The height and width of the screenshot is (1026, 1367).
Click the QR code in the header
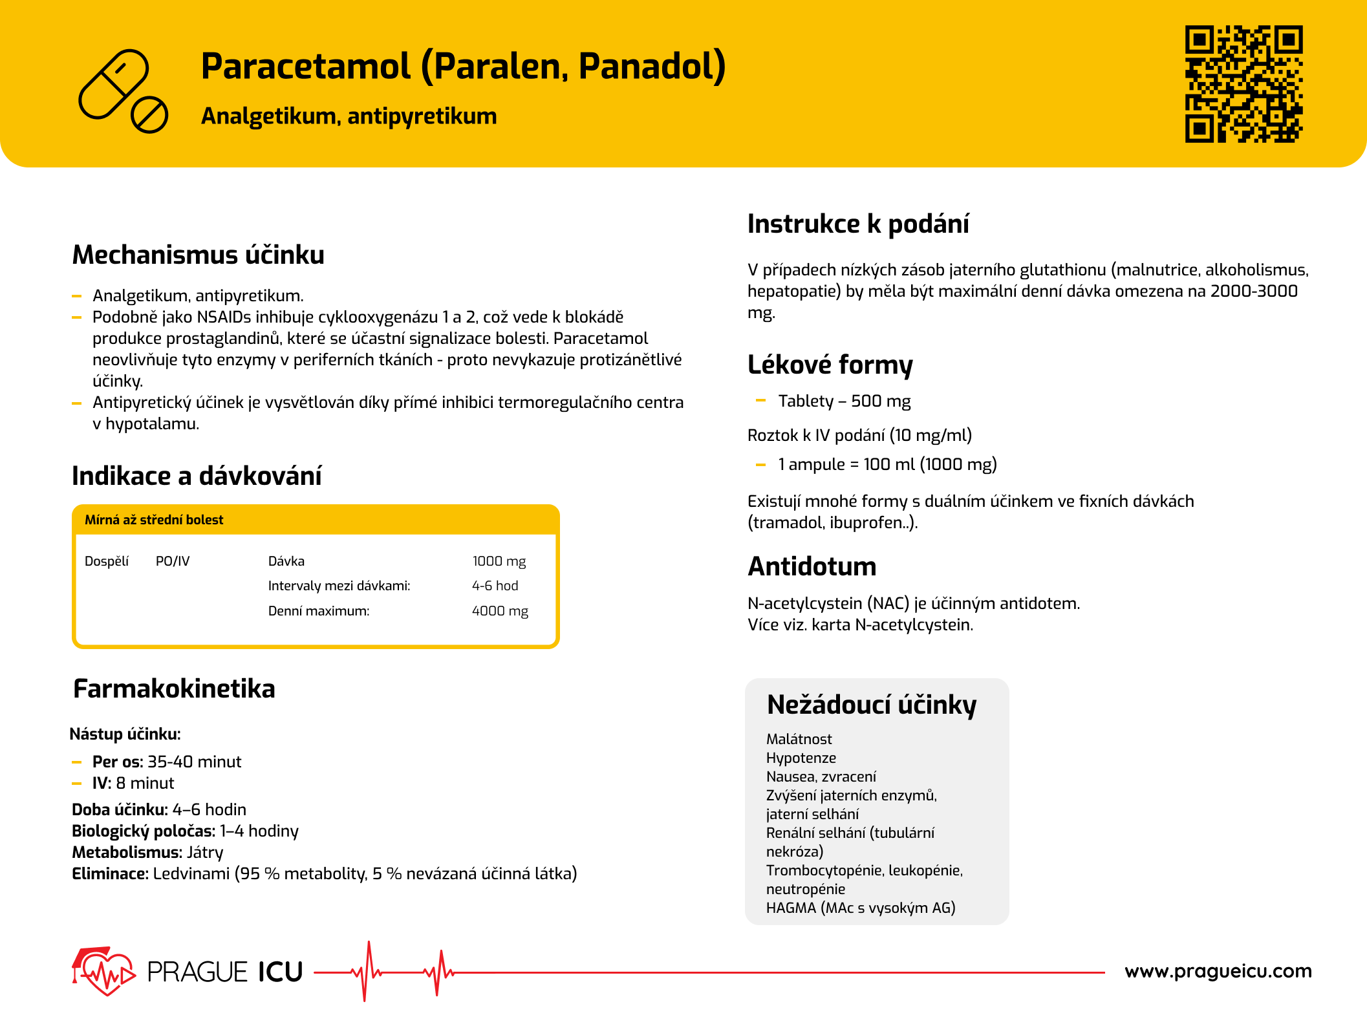coord(1243,83)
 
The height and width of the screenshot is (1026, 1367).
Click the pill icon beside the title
coord(123,91)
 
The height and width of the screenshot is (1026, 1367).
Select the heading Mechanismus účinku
coord(198,255)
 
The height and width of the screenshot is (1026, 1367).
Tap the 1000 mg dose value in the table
coord(499,561)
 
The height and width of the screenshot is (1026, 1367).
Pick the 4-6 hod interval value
coord(495,586)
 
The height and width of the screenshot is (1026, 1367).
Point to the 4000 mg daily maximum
coord(500,611)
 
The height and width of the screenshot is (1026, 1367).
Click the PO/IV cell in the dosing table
coord(173,561)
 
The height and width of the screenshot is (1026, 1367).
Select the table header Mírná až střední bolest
coord(154,520)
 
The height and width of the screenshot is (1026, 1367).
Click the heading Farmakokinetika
coord(174,689)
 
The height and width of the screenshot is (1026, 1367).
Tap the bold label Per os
coord(116,762)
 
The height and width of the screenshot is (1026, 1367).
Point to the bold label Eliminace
coord(110,873)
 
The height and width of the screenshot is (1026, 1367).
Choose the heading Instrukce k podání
coord(858,224)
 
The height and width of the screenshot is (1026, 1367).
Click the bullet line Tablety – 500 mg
coord(844,401)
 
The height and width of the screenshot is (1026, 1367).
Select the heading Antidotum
coord(812,566)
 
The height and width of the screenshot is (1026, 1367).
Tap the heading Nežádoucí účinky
coord(871,704)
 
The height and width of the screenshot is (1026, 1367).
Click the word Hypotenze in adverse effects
coord(801,758)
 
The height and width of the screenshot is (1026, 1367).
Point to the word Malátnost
coord(799,739)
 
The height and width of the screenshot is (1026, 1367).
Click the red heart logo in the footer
coord(103,971)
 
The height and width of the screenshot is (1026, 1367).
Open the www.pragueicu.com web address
coord(1218,971)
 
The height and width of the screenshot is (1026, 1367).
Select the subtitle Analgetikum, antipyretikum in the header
coord(349,116)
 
